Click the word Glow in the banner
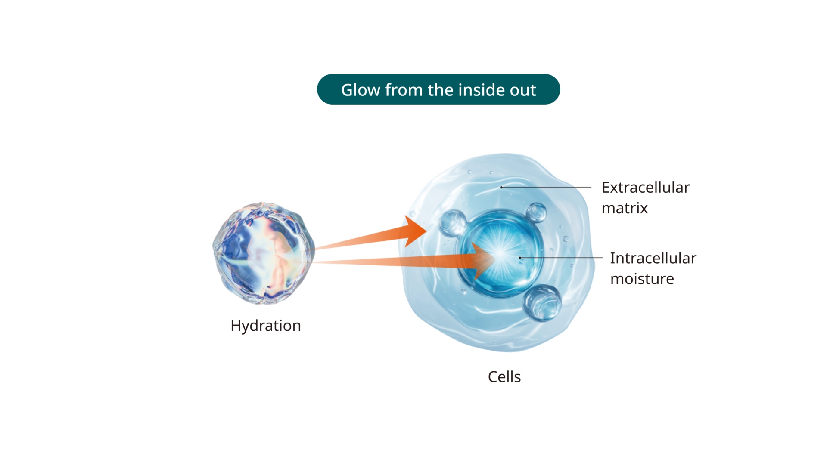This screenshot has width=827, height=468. point(361,90)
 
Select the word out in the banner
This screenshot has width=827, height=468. point(523,90)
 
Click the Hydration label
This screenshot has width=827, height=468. point(266,326)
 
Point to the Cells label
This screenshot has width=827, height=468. point(504,377)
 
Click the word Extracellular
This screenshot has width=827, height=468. point(646,188)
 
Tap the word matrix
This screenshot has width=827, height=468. point(625,209)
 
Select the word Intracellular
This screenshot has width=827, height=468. point(653,259)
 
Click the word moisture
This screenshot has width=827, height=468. point(642,279)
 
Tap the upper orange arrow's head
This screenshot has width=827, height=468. point(413,231)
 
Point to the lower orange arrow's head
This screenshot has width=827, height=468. point(482,260)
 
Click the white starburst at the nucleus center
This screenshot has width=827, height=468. point(501,255)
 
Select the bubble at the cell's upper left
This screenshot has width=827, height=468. point(452,223)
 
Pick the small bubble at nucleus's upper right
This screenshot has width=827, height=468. point(536,212)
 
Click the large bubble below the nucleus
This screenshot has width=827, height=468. point(542,302)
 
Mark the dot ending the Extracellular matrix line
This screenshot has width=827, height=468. point(501,187)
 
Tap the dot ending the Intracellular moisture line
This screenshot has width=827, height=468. point(520,258)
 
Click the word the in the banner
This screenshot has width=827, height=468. point(441,90)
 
